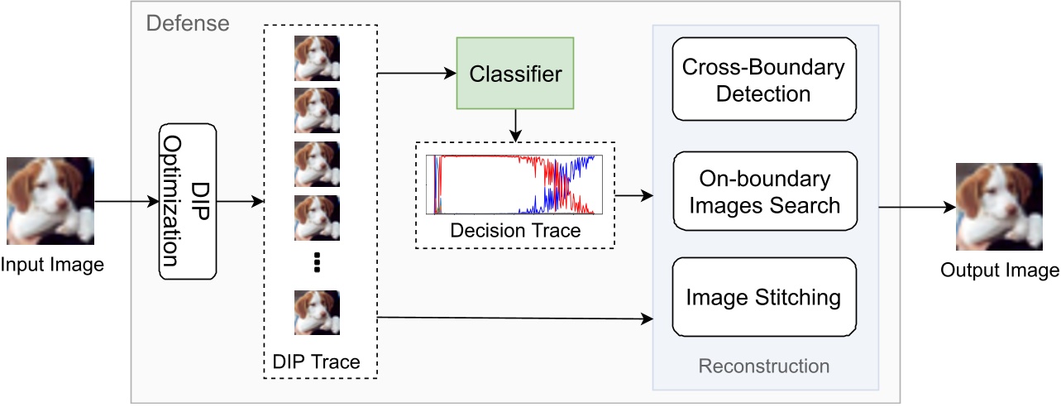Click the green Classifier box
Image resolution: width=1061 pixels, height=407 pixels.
point(515,73)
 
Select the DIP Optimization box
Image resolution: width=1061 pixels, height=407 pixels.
point(187,201)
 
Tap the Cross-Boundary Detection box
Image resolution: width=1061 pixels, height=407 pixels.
point(763,80)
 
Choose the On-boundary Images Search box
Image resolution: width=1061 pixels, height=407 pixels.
point(763,190)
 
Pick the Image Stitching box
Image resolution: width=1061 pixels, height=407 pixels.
point(763,296)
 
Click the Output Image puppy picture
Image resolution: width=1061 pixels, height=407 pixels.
point(999,207)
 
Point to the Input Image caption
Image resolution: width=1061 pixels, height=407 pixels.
point(52,265)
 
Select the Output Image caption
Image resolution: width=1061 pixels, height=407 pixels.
point(999,270)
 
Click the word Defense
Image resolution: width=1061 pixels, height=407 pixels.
point(188,22)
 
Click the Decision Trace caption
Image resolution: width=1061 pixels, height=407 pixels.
point(515,231)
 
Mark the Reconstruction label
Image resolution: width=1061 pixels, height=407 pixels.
point(763,366)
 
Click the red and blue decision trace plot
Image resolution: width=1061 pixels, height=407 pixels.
point(515,184)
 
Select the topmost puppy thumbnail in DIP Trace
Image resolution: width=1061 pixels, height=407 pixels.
point(317,56)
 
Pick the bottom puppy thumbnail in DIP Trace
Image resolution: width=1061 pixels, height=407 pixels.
point(317,312)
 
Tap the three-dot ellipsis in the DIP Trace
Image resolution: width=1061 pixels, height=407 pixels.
point(317,263)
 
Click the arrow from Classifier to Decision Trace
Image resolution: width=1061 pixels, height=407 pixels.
point(515,124)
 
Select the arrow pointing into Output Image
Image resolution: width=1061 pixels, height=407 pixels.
point(911,207)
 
